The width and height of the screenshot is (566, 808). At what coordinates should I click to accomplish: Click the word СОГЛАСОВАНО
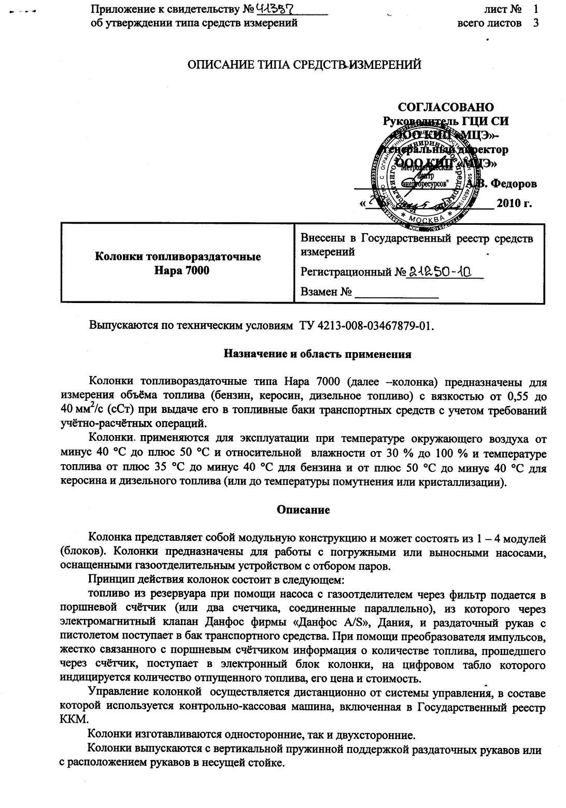pos(445,107)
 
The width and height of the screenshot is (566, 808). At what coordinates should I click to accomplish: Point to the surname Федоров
pos(514,183)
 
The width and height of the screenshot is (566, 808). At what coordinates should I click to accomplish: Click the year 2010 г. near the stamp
pos(514,203)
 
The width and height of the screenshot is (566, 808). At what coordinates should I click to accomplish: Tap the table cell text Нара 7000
pos(178,270)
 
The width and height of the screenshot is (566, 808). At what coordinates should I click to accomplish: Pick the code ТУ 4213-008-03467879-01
pos(366,327)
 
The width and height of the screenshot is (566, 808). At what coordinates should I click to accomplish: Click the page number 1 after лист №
pos(535,9)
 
